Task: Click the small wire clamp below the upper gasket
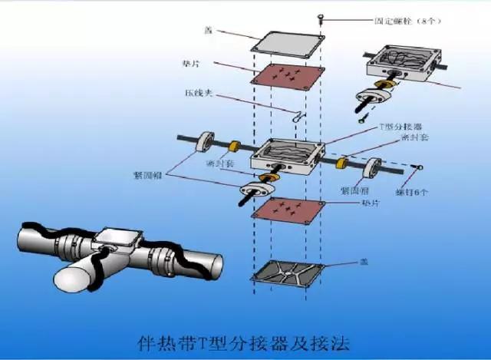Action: [x=299, y=115]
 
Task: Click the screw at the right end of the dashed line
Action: [x=420, y=167]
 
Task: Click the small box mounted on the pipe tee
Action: [x=117, y=239]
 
